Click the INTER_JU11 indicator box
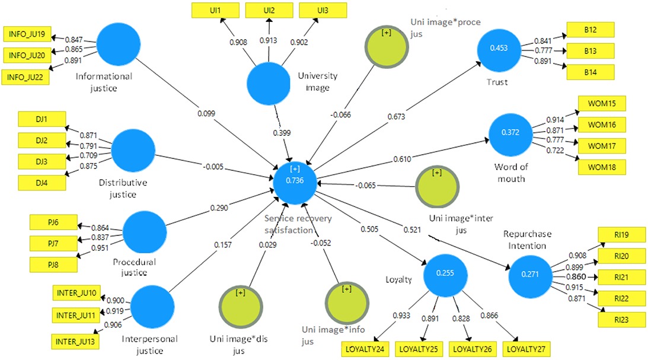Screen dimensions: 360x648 pyautogui.click(x=76, y=314)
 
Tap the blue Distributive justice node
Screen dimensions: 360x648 pyautogui.click(x=133, y=152)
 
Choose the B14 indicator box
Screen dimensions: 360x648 pyautogui.click(x=590, y=71)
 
